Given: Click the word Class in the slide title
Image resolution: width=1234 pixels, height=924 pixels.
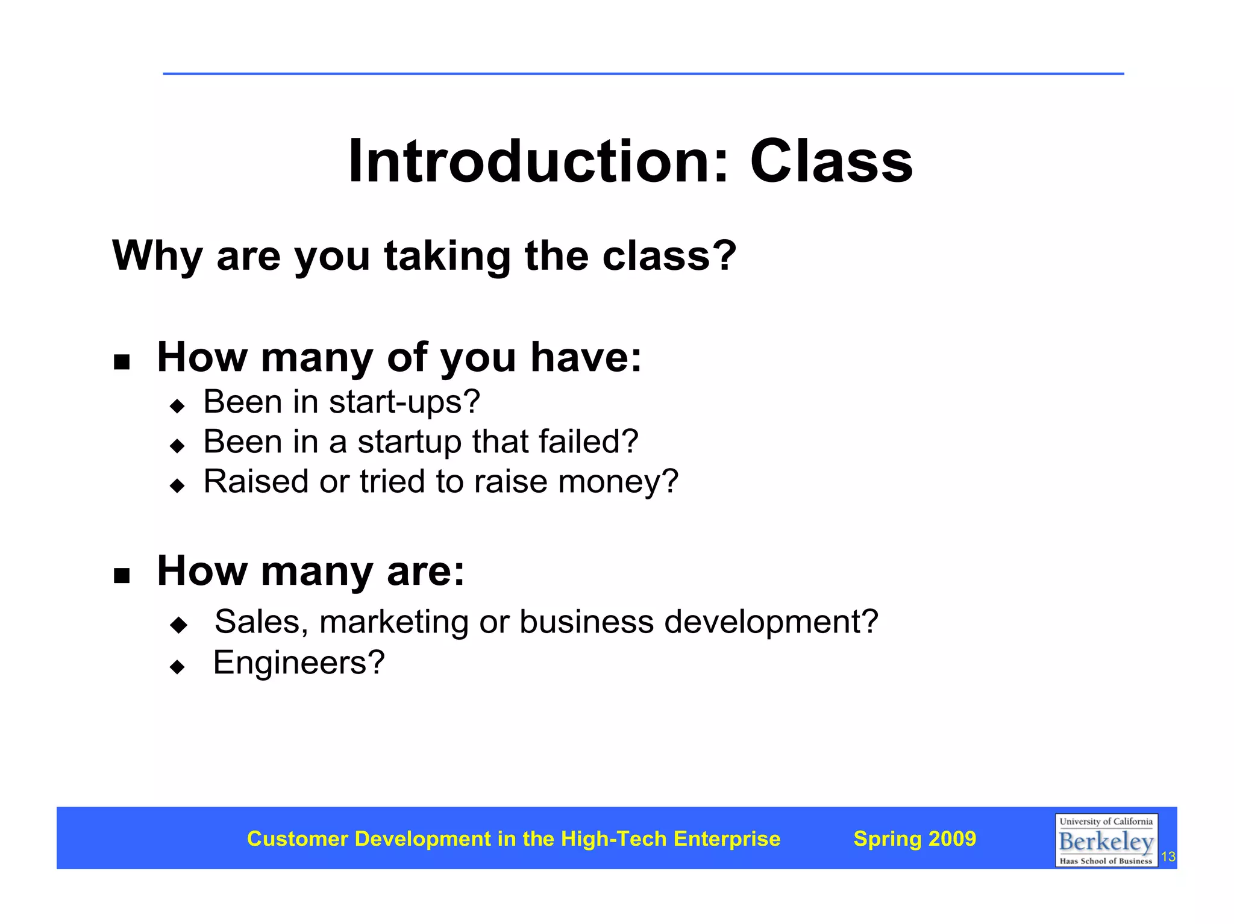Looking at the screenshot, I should tap(831, 161).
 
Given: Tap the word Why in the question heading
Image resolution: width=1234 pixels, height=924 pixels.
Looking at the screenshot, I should tap(157, 256).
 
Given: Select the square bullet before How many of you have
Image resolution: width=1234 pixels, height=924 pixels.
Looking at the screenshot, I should tap(122, 362).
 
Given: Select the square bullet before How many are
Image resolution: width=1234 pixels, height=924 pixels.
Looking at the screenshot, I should tap(122, 576).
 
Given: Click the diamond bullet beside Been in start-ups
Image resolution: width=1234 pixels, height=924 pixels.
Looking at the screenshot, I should tap(177, 406).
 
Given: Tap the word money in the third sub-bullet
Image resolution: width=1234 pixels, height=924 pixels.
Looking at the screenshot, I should tap(618, 482).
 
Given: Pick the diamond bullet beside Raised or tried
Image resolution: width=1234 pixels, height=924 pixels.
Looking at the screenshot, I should tap(177, 485).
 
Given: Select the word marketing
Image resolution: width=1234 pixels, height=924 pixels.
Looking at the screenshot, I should tap(393, 623).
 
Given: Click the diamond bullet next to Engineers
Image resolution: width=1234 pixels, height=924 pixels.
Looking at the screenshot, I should tap(177, 667).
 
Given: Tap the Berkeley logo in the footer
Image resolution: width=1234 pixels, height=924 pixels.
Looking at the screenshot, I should tap(1106, 840).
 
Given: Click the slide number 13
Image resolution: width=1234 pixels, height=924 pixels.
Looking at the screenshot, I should tap(1168, 857).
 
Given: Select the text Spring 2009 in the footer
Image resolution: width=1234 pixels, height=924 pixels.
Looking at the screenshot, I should tap(914, 838).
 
